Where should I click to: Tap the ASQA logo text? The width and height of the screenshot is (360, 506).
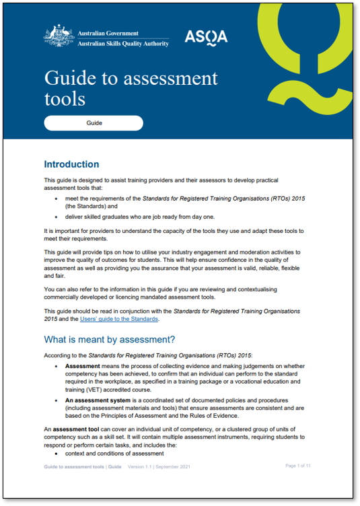(x=206, y=36)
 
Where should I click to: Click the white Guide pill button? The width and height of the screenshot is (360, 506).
(x=94, y=123)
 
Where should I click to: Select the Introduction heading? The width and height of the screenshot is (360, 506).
(x=71, y=164)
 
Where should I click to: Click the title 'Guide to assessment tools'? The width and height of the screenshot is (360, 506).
(x=131, y=88)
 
